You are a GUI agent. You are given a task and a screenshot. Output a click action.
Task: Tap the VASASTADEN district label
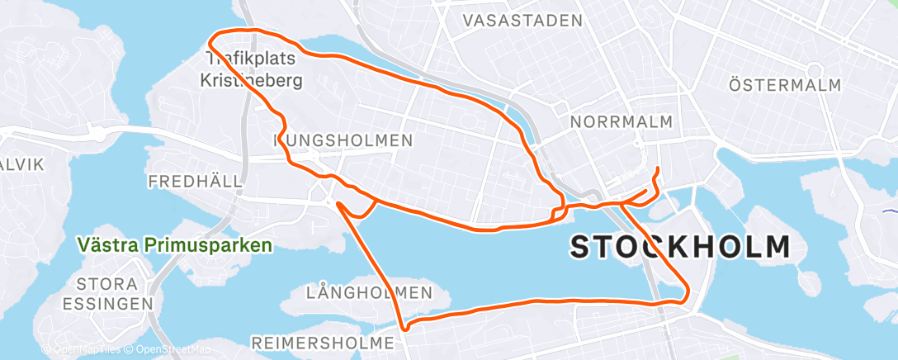pos(522,20)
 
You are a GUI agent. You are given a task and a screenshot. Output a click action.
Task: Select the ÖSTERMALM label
pos(785,85)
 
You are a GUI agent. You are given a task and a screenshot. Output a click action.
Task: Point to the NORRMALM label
pos(621,122)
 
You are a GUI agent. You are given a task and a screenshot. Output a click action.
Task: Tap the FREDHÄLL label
pos(195,180)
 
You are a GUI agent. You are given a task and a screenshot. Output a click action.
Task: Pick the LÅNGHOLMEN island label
pos(369,292)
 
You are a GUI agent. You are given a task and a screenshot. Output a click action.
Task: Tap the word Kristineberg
pos(251,81)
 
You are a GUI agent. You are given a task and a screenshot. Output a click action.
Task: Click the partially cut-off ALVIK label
pos(20,164)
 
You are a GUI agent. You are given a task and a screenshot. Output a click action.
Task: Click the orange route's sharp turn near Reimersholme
pos(404,328)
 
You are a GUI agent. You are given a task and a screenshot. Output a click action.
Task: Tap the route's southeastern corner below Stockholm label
pos(688,294)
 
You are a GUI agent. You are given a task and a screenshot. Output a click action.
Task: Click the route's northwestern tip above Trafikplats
pos(214,37)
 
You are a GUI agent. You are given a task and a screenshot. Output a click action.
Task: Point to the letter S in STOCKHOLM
pos(582,247)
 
